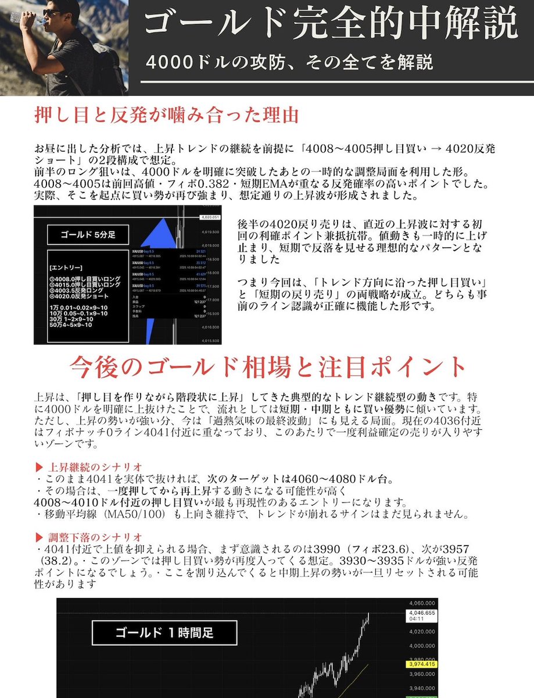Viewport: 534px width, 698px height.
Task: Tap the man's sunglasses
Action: [54, 12]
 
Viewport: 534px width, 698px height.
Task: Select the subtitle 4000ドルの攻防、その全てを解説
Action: [289, 62]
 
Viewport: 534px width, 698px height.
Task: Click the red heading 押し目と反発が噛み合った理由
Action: [167, 115]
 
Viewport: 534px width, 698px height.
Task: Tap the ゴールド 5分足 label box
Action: [88, 235]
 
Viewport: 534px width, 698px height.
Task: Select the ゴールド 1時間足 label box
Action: [164, 632]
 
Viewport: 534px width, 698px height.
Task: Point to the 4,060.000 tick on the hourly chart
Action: [422, 603]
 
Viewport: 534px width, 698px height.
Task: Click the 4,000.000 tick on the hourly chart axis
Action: [422, 646]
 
